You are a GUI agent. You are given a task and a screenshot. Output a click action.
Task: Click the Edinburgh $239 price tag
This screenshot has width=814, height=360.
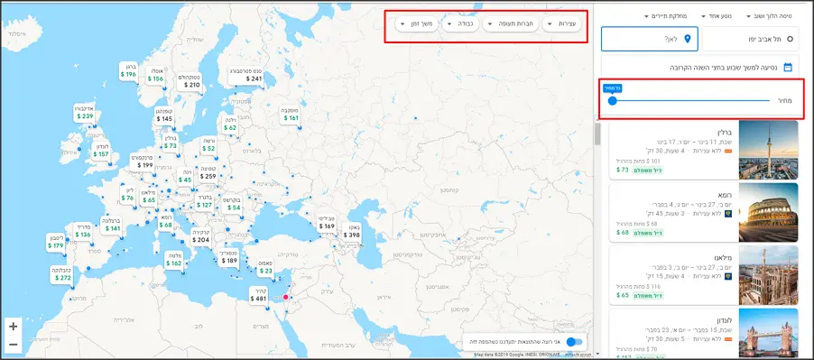[84, 112]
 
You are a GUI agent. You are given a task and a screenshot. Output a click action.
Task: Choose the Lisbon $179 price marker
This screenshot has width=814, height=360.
[56, 241]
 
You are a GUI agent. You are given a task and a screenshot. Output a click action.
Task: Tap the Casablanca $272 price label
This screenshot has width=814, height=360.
[60, 273]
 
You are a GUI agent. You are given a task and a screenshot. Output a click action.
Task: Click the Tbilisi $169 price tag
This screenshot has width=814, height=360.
[326, 222]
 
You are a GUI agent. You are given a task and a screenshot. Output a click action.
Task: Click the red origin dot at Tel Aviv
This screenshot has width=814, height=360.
[286, 297]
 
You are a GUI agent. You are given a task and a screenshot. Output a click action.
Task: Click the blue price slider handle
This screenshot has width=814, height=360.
[612, 101]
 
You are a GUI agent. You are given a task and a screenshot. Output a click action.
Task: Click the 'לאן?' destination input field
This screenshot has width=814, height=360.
[650, 39]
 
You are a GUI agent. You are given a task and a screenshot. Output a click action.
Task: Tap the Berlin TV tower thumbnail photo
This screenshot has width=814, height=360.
[768, 149]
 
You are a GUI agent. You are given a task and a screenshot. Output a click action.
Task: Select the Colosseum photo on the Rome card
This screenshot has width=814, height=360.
[768, 213]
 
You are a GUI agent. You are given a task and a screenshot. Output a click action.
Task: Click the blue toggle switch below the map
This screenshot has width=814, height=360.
[575, 342]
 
